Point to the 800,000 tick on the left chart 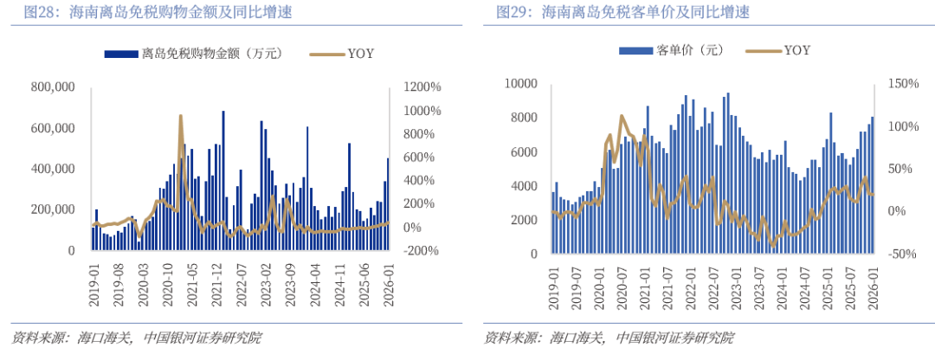pyautogui.click(x=52, y=87)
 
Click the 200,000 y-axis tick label pyautogui.click(x=52, y=209)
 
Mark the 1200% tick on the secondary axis pyautogui.click(x=421, y=87)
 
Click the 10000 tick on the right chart pyautogui.click(x=522, y=84)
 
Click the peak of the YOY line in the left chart pyautogui.click(x=180, y=116)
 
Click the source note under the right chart pyautogui.click(x=609, y=337)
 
